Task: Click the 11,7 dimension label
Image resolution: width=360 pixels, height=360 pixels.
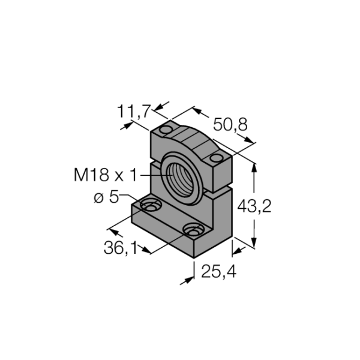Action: click(134, 112)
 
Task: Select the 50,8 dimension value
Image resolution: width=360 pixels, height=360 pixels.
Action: click(230, 125)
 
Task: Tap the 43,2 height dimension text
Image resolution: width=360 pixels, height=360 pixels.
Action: click(254, 206)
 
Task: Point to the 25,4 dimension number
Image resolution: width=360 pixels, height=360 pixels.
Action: click(219, 272)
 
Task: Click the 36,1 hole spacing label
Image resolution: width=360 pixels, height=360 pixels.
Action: click(121, 248)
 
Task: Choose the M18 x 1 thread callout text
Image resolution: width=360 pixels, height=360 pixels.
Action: click(106, 175)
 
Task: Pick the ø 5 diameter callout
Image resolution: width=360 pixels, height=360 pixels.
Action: click(107, 197)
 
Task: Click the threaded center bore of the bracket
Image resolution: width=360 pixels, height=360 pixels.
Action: click(180, 179)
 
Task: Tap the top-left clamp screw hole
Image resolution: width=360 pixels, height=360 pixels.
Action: click(166, 130)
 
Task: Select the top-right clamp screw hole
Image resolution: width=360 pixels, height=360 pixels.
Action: click(216, 158)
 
